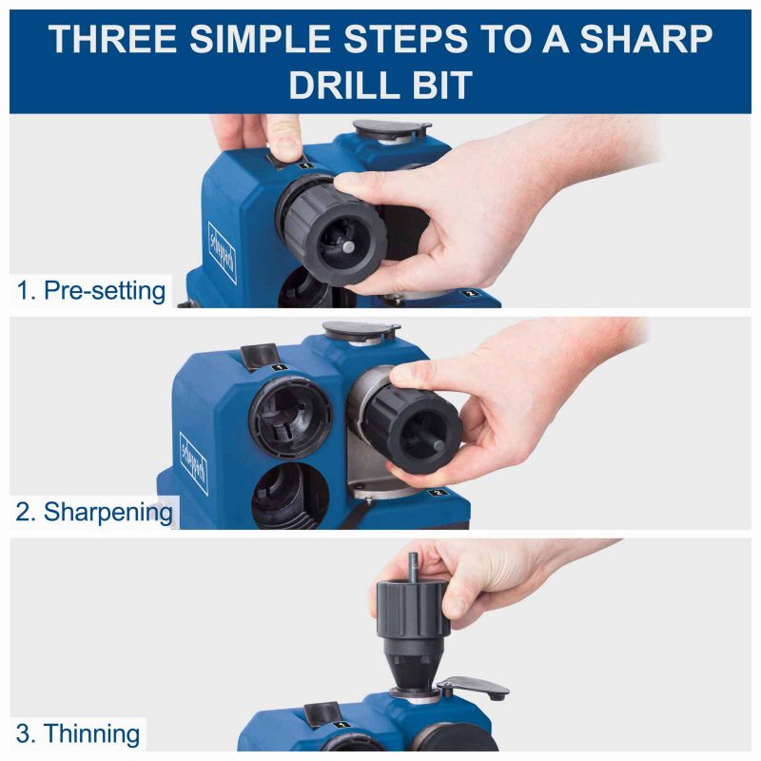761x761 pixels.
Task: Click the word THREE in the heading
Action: tap(112, 38)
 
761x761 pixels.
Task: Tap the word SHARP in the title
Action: tap(646, 38)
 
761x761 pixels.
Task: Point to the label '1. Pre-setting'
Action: tap(91, 291)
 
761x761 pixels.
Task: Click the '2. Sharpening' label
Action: tap(94, 512)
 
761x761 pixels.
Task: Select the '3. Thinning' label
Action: tap(78, 733)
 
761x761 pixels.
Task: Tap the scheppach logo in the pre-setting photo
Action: tap(223, 253)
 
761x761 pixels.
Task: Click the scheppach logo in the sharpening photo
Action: tap(194, 463)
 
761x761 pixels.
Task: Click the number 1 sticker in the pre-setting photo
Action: tap(306, 166)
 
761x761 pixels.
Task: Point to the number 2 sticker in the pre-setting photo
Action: tap(469, 293)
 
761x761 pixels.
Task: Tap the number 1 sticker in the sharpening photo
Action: tap(279, 367)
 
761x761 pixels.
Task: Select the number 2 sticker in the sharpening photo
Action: tap(438, 493)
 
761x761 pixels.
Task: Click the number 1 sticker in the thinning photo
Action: tap(342, 725)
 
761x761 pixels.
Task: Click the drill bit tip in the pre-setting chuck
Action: tap(348, 246)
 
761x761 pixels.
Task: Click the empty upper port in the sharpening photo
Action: tap(290, 418)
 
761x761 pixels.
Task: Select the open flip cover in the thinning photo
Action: tap(474, 687)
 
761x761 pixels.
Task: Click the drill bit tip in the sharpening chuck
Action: tap(439, 445)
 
